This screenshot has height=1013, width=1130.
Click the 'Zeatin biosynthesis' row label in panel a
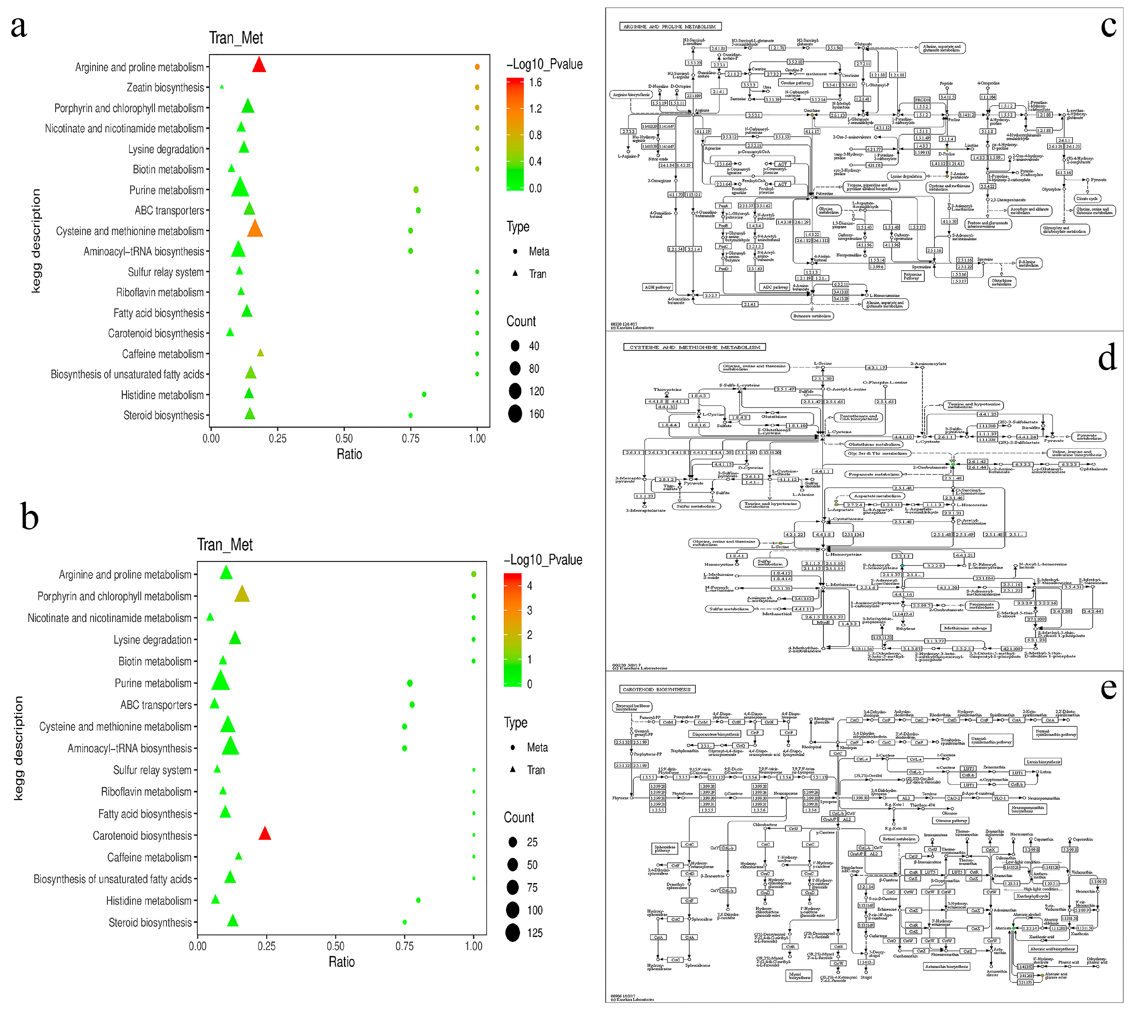click(x=165, y=87)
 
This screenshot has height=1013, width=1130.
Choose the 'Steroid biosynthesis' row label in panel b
click(x=150, y=922)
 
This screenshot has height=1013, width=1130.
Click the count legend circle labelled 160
click(x=515, y=414)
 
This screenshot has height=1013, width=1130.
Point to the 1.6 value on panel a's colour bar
click(x=535, y=82)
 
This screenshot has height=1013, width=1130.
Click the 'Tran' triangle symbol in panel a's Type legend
click(x=515, y=273)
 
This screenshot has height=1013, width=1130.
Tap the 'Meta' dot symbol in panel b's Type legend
click(x=512, y=747)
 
